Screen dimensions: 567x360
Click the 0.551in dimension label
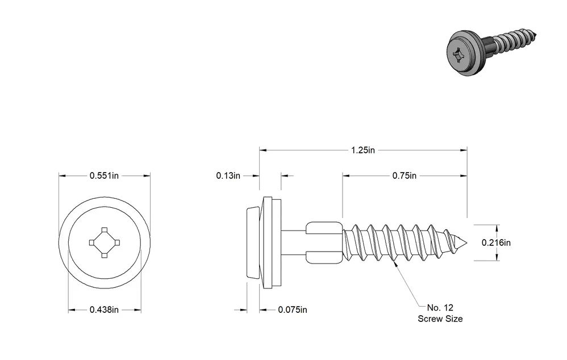point(104,175)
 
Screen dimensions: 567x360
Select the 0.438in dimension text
point(104,310)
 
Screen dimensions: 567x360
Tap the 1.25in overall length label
point(362,150)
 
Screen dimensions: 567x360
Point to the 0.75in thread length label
point(405,175)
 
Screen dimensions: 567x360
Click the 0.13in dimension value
point(228,175)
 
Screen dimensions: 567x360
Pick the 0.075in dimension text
point(293,310)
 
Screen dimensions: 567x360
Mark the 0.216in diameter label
point(496,242)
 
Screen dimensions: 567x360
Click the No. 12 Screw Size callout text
point(440,313)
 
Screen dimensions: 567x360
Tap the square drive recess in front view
point(104,242)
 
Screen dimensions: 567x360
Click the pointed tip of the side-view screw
point(467,242)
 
